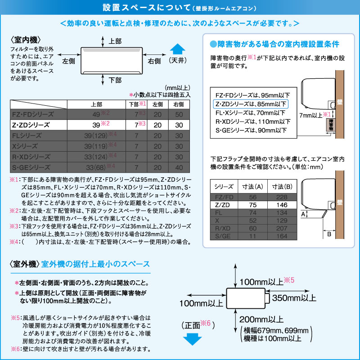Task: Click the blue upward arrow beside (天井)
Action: coord(178,49)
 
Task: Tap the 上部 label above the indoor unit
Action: coord(115,41)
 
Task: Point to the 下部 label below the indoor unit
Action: coord(115,80)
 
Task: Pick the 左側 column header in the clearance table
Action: coord(157,104)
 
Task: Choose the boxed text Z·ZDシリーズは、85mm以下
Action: coord(251,104)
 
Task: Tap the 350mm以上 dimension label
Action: coord(294,298)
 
